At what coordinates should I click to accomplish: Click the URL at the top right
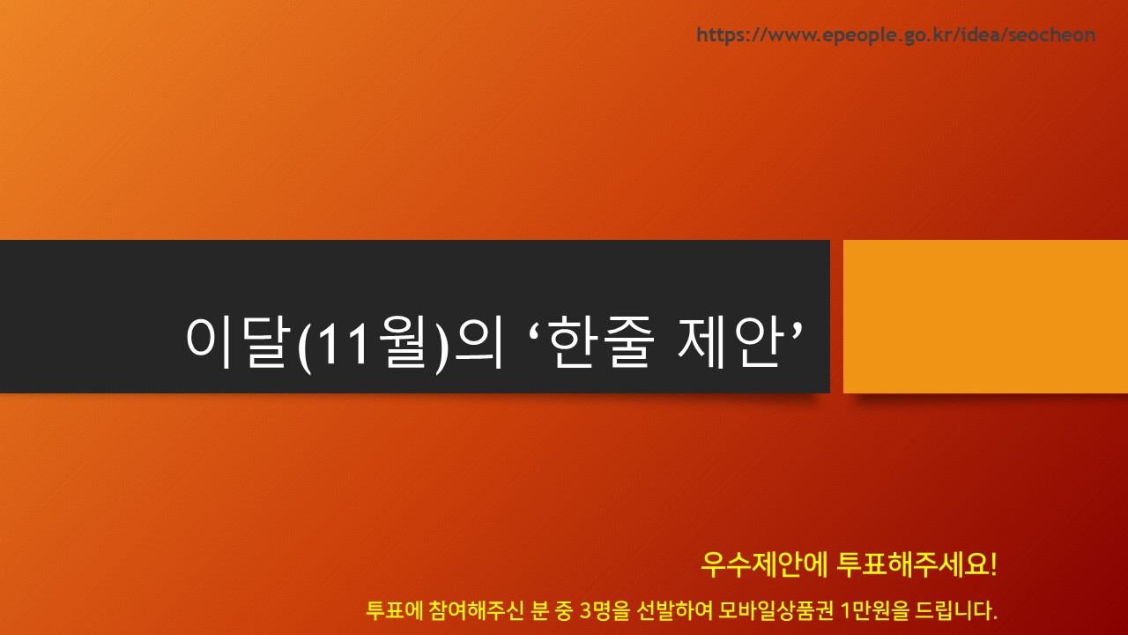tap(896, 34)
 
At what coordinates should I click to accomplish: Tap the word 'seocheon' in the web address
tap(1052, 34)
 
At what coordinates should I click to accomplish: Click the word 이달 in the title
tap(239, 341)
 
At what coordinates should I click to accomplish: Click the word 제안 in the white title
tap(731, 341)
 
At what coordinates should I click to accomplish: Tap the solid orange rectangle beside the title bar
tap(985, 317)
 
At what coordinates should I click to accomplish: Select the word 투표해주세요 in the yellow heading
tap(912, 565)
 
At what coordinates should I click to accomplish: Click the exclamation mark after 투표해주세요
tap(993, 564)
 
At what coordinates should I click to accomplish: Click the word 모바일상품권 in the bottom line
tap(775, 610)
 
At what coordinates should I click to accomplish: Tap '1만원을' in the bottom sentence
tap(875, 610)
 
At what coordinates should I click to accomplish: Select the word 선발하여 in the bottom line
tap(675, 610)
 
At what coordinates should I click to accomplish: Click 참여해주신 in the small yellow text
tap(477, 610)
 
